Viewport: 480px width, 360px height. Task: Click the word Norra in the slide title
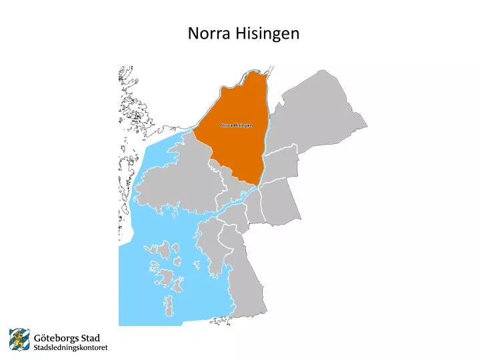pos(208,33)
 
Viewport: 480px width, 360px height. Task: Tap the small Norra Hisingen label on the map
pos(236,125)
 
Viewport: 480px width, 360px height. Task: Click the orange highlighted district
pos(240,147)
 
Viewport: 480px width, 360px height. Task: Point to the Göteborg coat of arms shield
pos(19,339)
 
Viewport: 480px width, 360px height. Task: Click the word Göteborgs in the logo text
pos(56,338)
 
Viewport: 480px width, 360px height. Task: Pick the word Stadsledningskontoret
pos(70,347)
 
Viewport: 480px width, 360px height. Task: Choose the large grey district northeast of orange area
pos(313,113)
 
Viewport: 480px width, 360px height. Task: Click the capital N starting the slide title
pos(193,33)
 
